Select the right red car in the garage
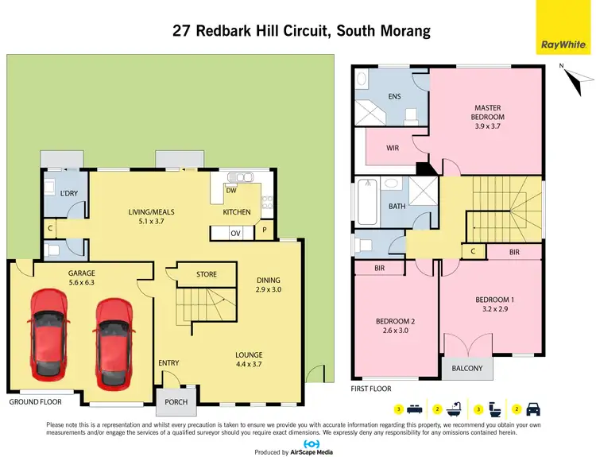coord(114,339)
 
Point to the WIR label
coord(392,148)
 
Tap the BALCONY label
coord(467,368)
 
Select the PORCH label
coord(176,401)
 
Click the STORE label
coord(207,275)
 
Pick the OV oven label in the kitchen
coord(235,234)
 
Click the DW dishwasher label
coord(231,191)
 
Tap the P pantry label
coord(264,233)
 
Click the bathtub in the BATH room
coord(366,203)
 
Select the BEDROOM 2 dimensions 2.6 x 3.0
coord(396,331)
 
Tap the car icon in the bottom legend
coord(534,409)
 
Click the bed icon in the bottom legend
coord(413,409)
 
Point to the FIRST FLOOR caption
coord(372,390)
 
